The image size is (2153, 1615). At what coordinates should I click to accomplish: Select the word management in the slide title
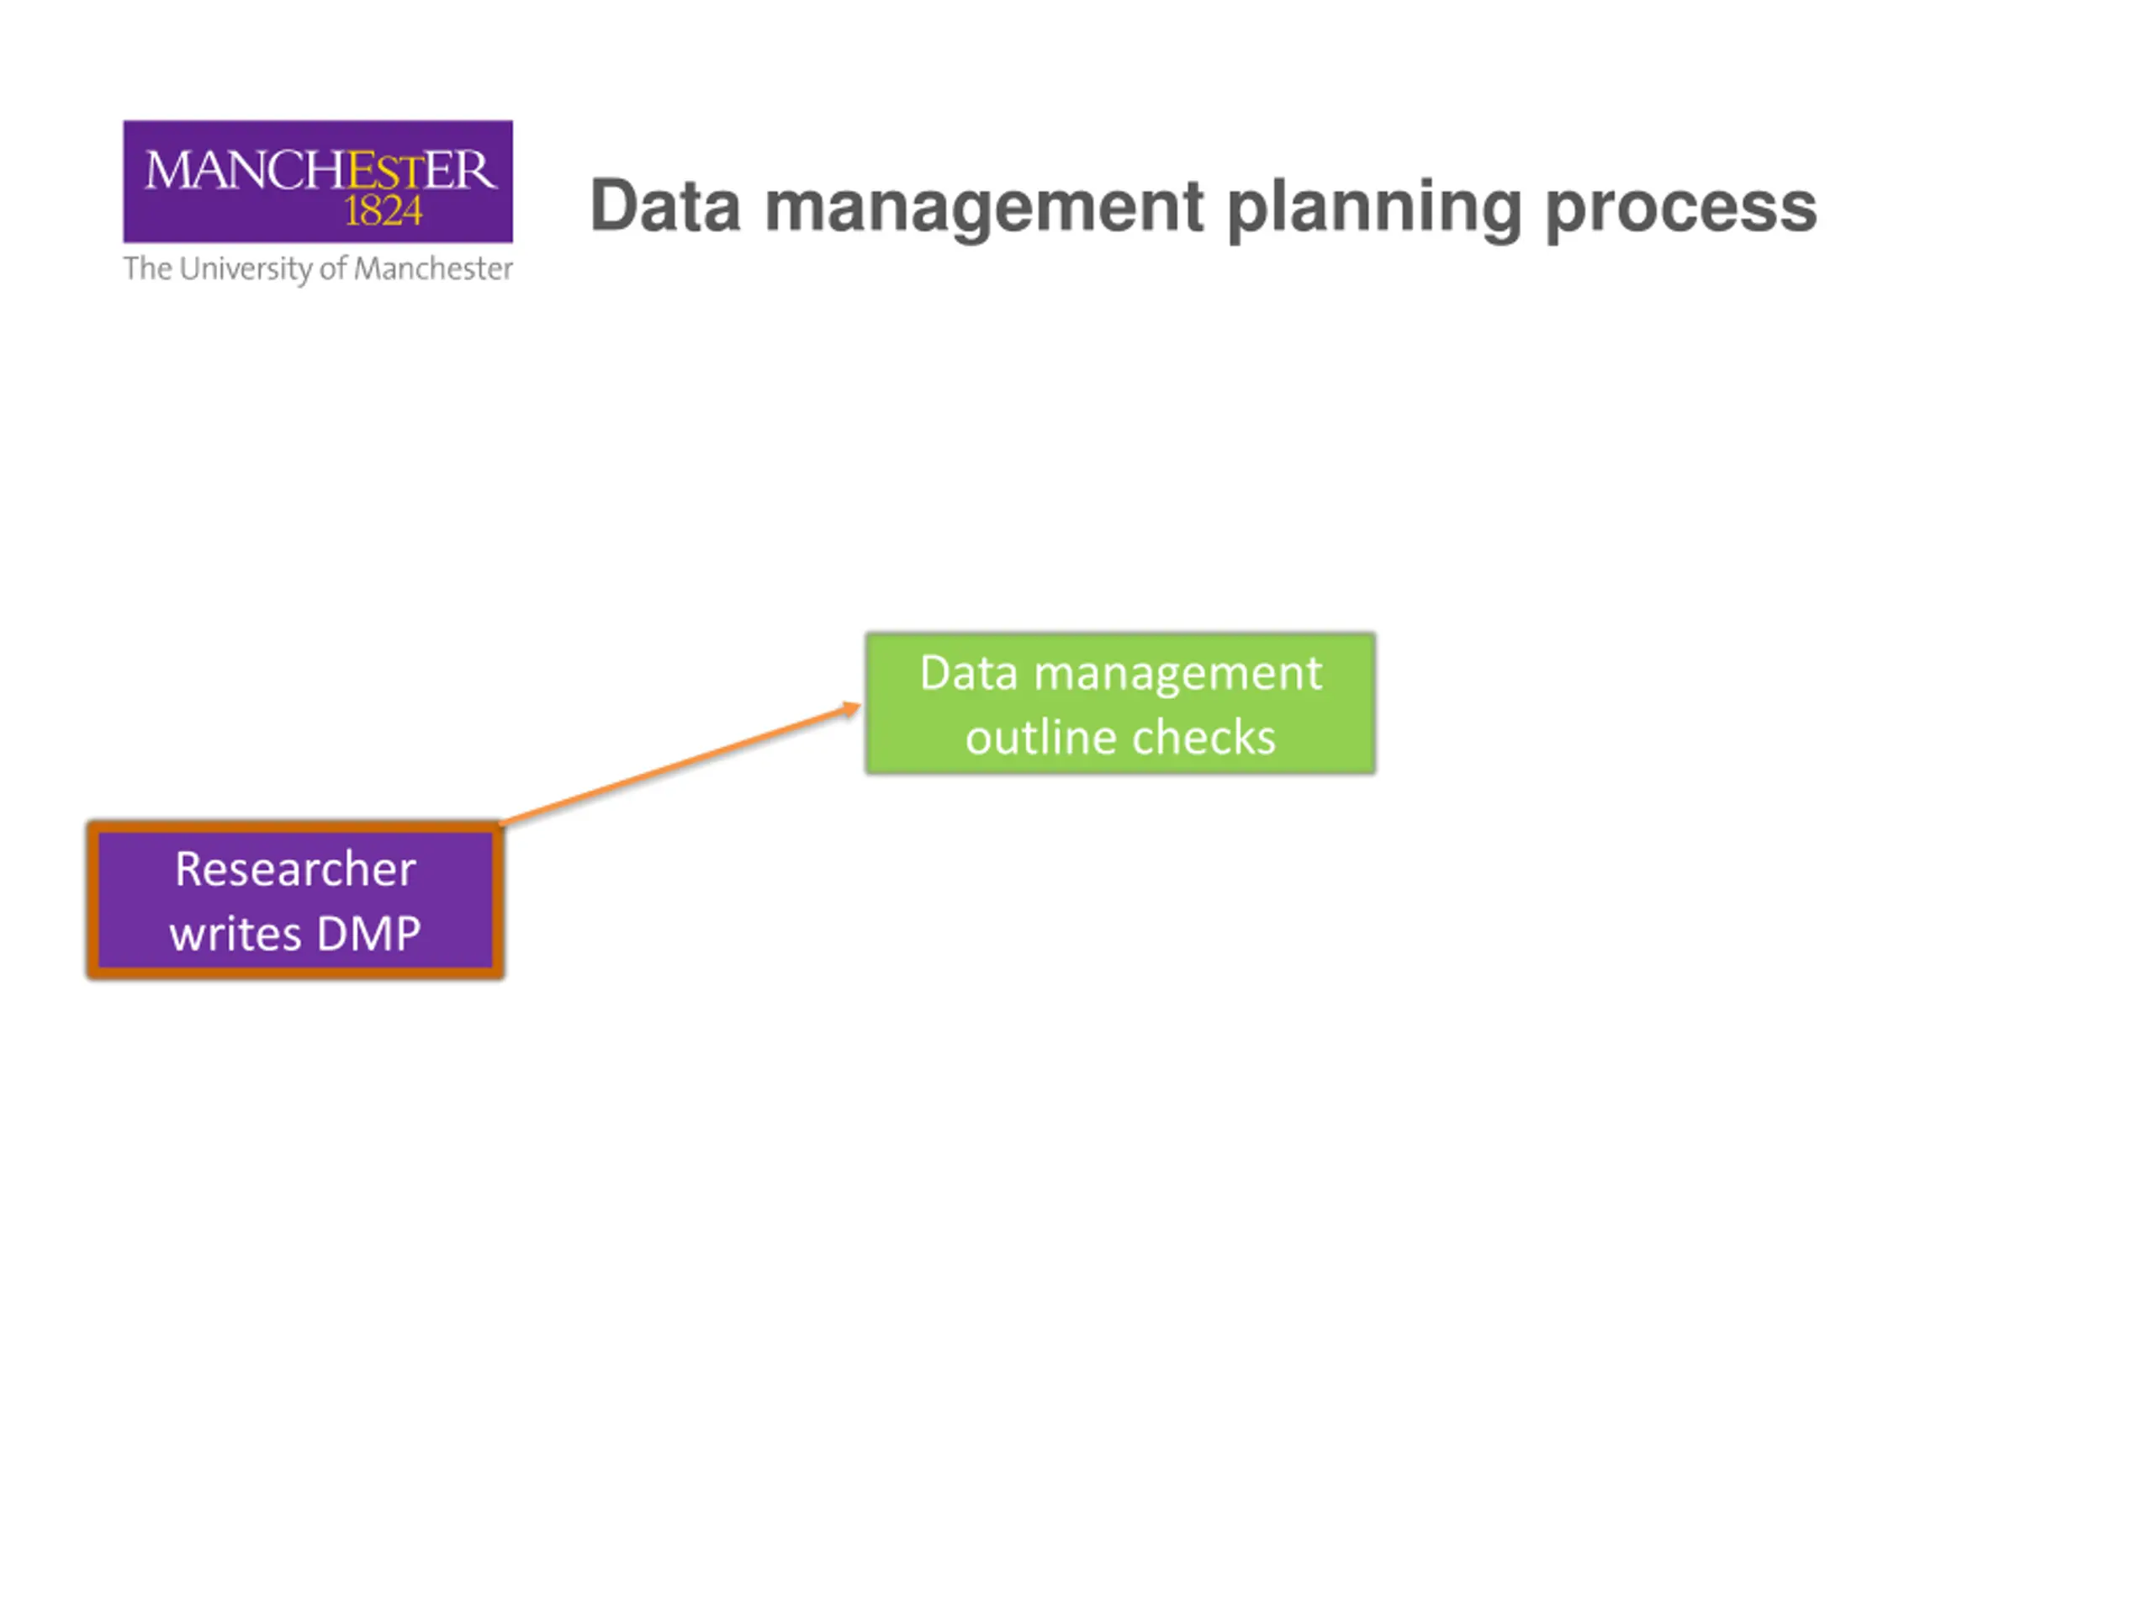pos(984,209)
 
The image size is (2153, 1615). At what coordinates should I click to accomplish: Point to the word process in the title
pos(1681,209)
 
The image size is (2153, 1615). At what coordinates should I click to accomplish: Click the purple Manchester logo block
pos(317,181)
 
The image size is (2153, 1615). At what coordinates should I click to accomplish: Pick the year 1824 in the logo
pos(383,211)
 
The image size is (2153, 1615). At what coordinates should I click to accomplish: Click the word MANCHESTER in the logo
pos(320,171)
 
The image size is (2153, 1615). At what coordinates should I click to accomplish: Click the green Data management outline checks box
pos(1119,704)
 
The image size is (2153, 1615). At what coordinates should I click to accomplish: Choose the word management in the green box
pos(1177,674)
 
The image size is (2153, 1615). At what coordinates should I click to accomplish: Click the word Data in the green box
pos(969,674)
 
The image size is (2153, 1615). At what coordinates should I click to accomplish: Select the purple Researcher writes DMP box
pos(295,901)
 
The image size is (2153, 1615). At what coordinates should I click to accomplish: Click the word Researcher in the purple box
pos(295,869)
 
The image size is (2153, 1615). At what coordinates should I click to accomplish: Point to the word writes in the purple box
pos(235,935)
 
